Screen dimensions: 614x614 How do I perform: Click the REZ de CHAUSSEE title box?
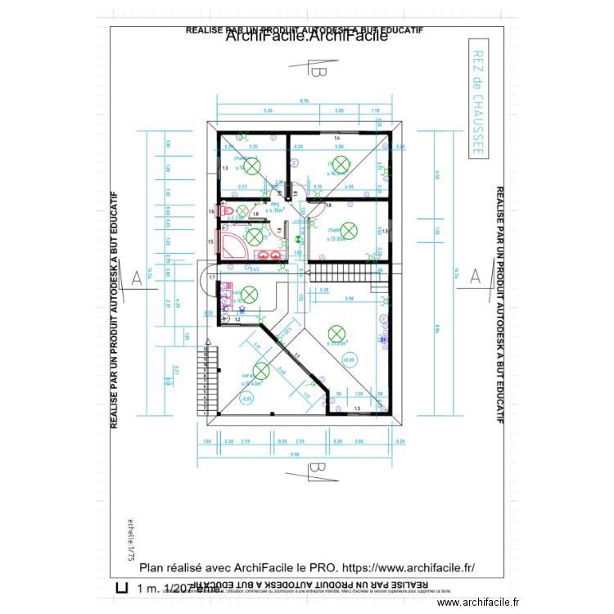478,102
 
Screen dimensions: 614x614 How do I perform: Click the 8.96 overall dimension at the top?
304,102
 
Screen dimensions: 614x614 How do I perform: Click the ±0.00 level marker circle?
348,359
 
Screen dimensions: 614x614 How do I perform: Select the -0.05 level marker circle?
246,400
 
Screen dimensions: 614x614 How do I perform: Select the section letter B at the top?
318,72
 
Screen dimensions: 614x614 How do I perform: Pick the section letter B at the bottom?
317,469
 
